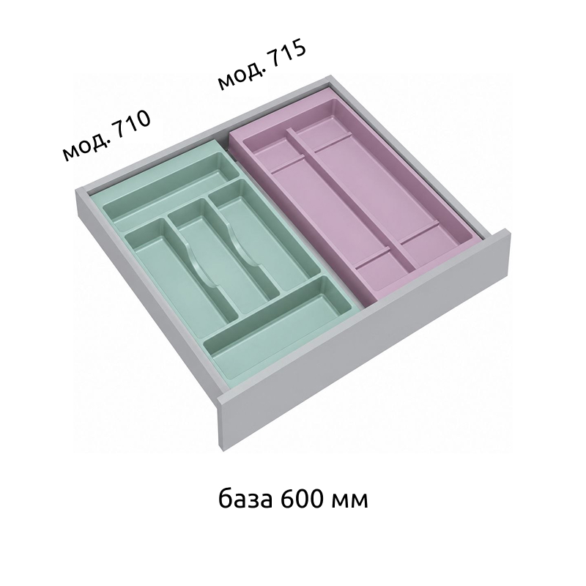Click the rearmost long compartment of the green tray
[172, 192]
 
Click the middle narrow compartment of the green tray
[220, 254]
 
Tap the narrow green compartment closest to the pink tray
[258, 234]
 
